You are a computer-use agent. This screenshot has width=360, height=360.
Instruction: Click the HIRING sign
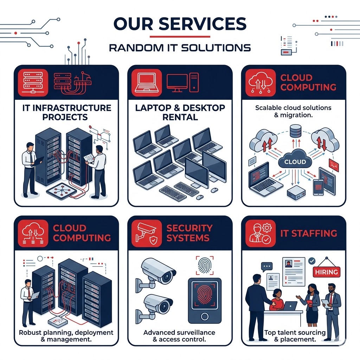327,271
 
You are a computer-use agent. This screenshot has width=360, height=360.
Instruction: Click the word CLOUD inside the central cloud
294,162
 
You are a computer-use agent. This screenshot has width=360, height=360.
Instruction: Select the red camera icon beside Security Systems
144,233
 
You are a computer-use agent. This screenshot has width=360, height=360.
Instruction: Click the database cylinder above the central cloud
296,131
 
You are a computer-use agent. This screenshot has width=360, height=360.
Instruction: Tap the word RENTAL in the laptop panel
180,117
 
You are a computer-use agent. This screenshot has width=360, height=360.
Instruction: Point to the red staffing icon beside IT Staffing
258,233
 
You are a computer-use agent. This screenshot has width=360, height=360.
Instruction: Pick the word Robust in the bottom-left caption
31,332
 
